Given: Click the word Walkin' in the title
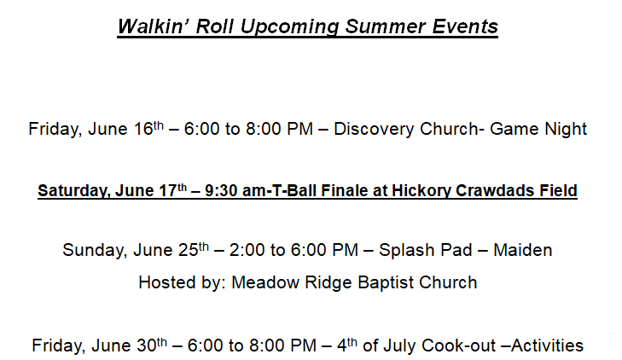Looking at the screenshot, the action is click(x=153, y=26).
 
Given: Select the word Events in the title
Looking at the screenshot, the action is click(x=464, y=26).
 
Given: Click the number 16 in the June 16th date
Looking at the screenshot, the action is click(x=143, y=129).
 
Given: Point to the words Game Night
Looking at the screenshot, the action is click(x=538, y=129).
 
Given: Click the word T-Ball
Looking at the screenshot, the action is click(x=294, y=191).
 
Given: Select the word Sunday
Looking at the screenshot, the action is click(x=96, y=250).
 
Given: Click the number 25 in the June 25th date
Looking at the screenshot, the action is click(x=189, y=250).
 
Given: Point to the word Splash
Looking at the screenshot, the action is click(x=406, y=250).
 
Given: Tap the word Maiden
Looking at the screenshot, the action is click(x=523, y=250).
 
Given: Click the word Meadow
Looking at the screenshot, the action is click(x=265, y=282).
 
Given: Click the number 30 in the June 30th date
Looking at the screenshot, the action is click(x=147, y=345).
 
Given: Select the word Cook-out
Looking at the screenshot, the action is click(x=458, y=345).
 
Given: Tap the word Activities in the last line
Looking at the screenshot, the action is click(x=548, y=345).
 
